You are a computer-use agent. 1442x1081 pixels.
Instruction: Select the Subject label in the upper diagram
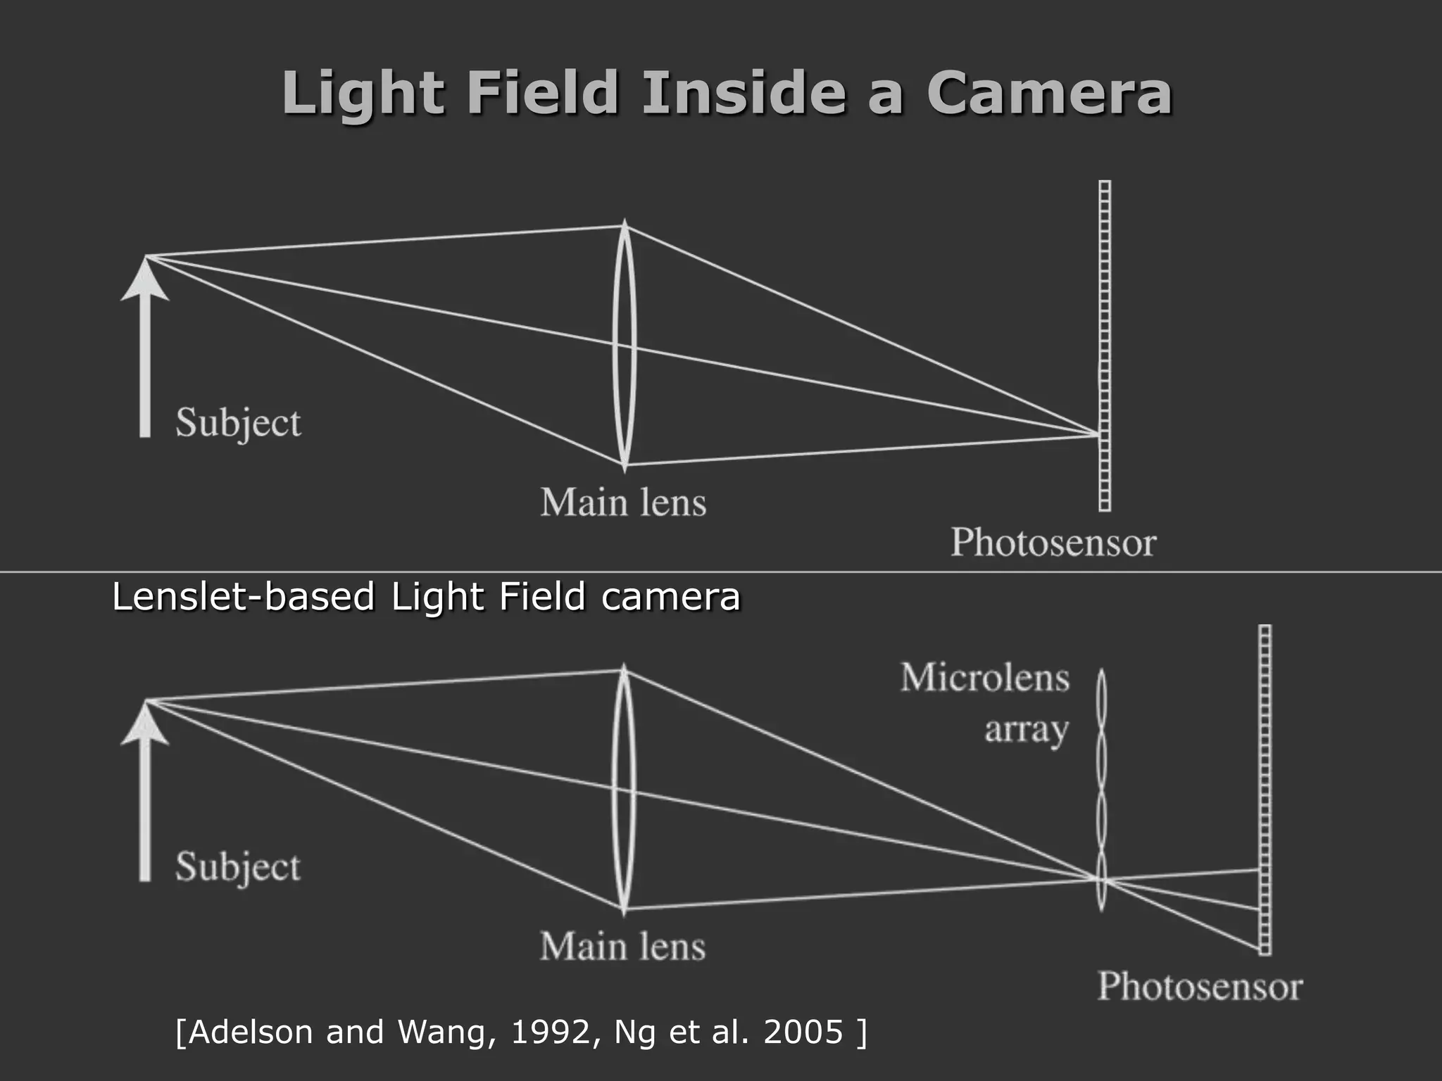tap(238, 423)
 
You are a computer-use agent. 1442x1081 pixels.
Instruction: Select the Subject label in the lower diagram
tap(238, 867)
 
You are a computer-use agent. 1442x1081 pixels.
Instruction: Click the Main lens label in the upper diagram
tap(623, 502)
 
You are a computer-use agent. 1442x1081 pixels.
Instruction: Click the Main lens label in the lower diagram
tap(623, 946)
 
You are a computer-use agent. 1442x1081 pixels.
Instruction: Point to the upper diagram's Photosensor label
tap(1053, 543)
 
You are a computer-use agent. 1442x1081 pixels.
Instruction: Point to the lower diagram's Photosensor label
tap(1200, 986)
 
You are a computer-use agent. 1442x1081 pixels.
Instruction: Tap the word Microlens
tap(984, 678)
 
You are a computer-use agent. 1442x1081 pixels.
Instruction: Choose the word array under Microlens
tap(1026, 729)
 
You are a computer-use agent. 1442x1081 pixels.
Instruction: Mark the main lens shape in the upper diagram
tap(624, 345)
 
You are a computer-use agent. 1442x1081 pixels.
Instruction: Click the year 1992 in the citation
tap(551, 1032)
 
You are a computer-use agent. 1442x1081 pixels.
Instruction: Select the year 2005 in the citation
tap(803, 1032)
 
